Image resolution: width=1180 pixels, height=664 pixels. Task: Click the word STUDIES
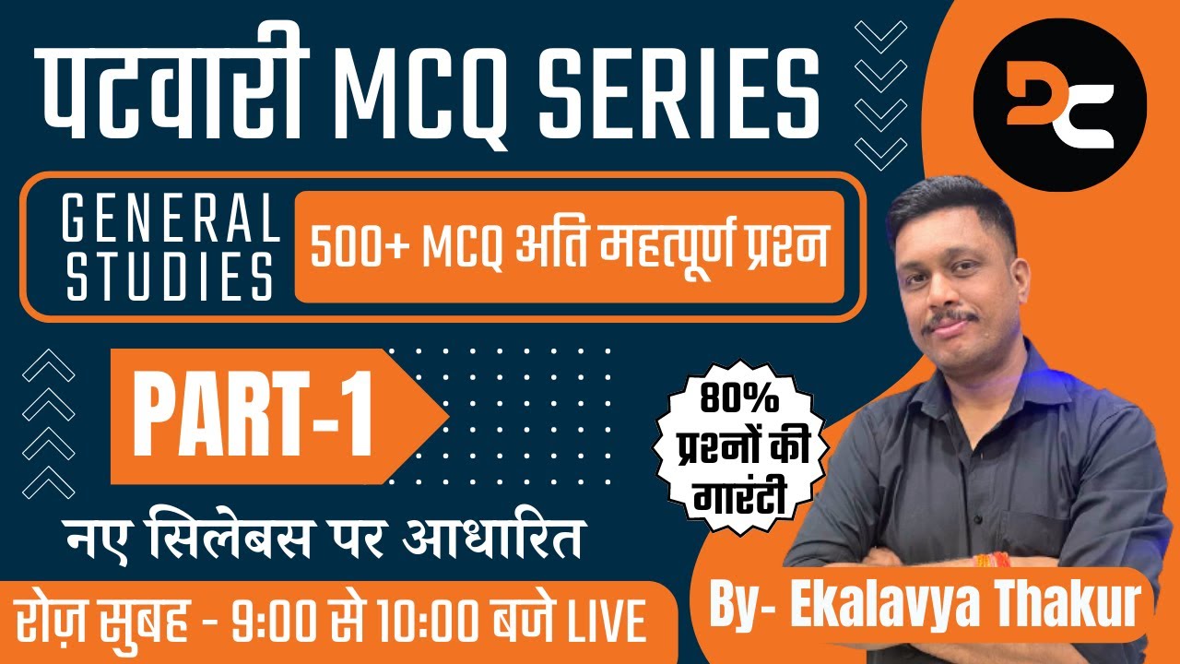point(171,279)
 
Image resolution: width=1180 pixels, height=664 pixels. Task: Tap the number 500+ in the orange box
point(360,249)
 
